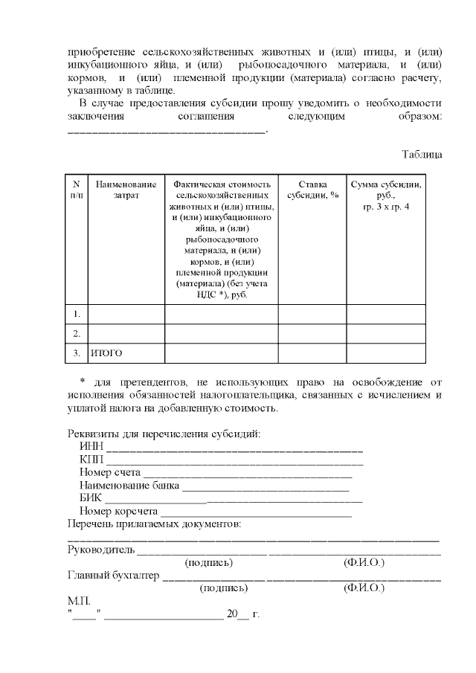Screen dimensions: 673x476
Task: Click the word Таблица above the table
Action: click(422, 155)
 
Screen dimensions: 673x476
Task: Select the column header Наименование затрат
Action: click(126, 190)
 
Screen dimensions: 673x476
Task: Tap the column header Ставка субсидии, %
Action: click(312, 190)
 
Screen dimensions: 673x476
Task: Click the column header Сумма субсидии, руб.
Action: click(386, 195)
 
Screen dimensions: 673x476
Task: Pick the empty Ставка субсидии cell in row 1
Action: click(312, 314)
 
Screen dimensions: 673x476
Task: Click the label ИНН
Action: click(91, 447)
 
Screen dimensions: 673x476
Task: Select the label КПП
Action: click(92, 460)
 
